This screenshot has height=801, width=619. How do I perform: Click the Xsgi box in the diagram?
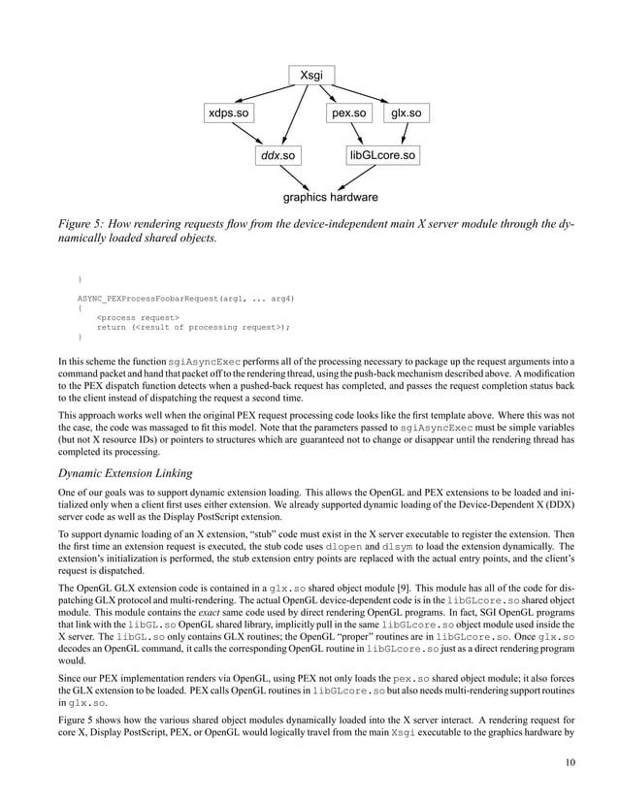coord(311,75)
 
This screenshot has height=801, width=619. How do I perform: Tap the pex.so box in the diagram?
coord(348,113)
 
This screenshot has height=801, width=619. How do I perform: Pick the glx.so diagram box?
coord(406,113)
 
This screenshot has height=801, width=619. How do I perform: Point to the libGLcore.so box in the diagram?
coord(382,155)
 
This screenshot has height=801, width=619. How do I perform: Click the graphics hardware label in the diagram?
coord(330,198)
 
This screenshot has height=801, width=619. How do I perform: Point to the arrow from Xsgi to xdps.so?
coord(264,94)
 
